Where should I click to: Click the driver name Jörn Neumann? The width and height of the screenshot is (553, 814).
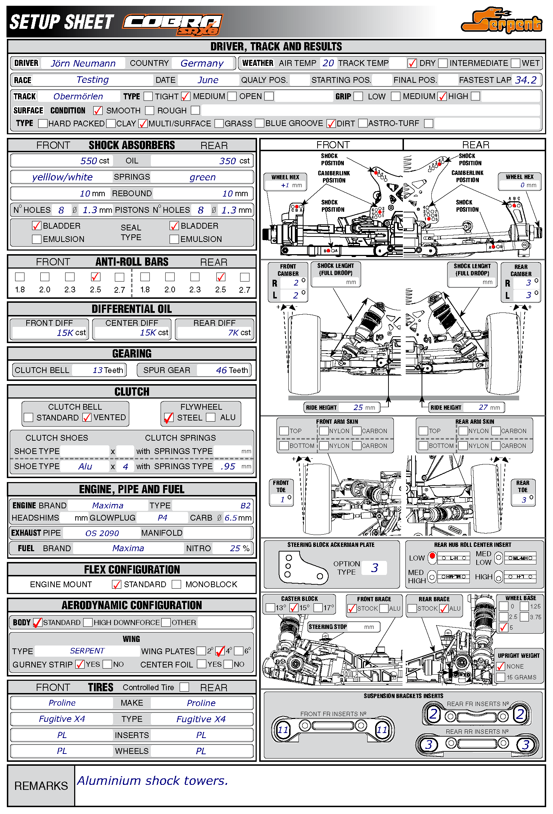click(83, 63)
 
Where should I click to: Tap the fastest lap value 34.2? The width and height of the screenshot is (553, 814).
click(526, 80)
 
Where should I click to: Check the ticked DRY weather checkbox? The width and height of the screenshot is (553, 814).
click(412, 63)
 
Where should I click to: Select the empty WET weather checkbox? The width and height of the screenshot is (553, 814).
click(516, 63)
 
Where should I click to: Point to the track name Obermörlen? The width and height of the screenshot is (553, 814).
click(78, 96)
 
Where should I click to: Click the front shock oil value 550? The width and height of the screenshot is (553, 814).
click(89, 161)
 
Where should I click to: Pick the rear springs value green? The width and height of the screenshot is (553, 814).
click(202, 177)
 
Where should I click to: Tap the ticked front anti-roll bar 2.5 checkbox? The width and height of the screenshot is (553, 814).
click(95, 277)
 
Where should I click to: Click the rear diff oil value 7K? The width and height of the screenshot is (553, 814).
click(233, 333)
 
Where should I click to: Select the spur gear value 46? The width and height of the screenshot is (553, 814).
click(221, 370)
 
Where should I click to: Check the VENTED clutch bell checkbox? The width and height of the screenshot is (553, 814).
click(87, 417)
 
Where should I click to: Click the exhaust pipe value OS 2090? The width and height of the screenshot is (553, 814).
click(102, 533)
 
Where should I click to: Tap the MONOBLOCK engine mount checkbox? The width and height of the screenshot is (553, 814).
click(176, 584)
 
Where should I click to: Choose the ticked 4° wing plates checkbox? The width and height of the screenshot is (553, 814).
click(220, 651)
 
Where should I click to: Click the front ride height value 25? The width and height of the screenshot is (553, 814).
click(358, 407)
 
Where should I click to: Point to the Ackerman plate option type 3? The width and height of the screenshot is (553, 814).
click(374, 568)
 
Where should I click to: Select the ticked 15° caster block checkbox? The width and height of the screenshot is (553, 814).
click(294, 608)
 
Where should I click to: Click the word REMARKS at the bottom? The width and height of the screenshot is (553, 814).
click(41, 786)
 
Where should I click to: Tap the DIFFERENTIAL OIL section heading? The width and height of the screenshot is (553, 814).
click(132, 309)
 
